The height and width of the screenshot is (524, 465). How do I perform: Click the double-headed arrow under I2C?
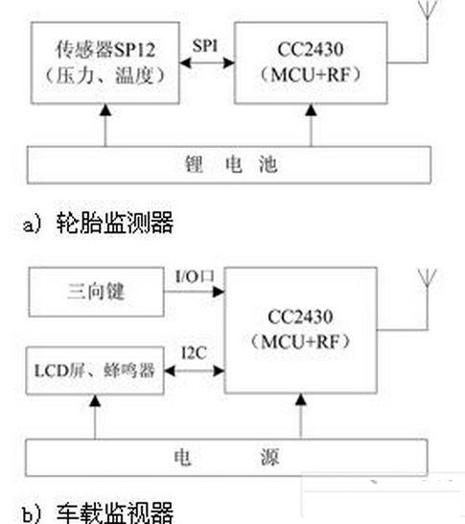[189, 369]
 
